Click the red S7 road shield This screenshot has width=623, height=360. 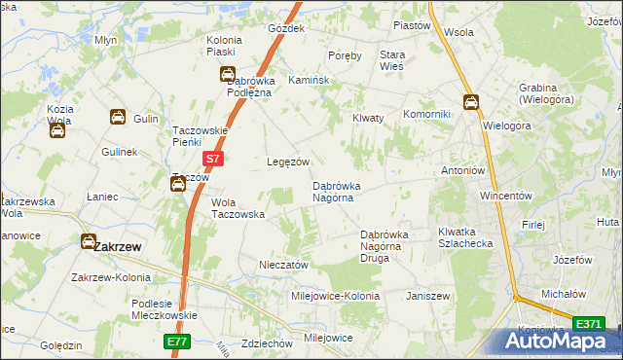[214, 158]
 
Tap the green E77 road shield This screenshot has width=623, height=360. [175, 343]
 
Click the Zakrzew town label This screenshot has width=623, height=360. [118, 247]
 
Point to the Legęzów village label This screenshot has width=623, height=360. [288, 162]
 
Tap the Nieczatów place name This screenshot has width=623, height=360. [283, 265]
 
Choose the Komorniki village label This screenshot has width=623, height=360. [426, 115]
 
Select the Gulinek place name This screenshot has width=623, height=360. [121, 153]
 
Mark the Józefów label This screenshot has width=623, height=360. [572, 261]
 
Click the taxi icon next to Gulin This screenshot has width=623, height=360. [118, 118]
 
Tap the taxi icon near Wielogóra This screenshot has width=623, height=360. [471, 101]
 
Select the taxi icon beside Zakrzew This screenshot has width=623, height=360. [89, 241]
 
